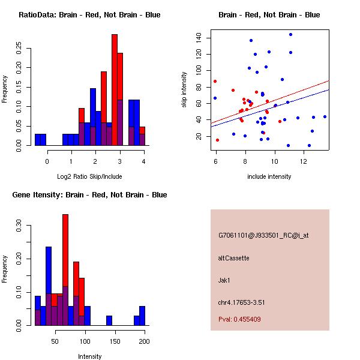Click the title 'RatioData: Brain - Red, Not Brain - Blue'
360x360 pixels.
89,15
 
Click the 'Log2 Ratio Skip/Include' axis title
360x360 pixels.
89,176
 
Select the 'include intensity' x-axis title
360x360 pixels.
269,176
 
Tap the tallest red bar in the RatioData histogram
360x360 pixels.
114,90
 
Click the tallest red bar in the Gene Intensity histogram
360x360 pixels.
65,270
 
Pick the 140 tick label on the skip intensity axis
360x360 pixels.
199,38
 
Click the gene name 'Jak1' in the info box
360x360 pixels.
224,280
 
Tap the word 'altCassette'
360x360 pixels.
233,258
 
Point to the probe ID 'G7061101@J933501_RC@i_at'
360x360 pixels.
263,236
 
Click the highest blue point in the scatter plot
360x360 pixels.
290,34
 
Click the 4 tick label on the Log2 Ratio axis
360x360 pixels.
144,161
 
